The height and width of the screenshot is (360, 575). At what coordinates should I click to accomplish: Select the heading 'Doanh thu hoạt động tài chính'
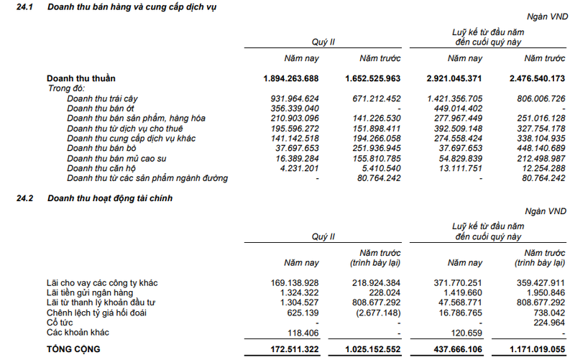111,197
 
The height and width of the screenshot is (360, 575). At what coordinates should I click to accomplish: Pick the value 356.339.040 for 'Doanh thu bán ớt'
290,108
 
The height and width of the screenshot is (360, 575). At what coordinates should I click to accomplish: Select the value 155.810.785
373,158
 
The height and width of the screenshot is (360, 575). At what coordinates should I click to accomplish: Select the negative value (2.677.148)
375,313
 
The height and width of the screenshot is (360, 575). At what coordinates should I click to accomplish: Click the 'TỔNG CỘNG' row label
74,349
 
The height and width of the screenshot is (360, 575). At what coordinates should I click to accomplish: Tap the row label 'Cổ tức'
61,323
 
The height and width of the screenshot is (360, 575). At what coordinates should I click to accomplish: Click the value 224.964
546,323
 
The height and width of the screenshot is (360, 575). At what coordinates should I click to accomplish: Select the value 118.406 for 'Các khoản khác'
303,333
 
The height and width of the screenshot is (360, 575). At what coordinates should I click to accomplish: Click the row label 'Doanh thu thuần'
81,78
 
